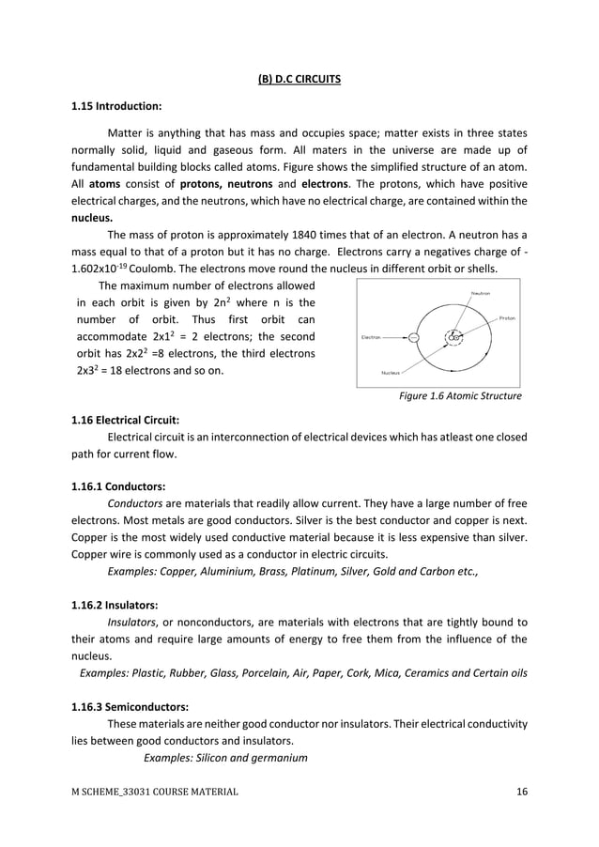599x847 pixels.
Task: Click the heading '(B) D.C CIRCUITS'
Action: coord(299,79)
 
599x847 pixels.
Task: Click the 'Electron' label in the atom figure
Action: coord(372,336)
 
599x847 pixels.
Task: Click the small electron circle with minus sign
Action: coord(414,336)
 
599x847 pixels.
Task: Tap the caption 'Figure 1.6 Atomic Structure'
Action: coord(460,396)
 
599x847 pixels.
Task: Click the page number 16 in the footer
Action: coord(521,792)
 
